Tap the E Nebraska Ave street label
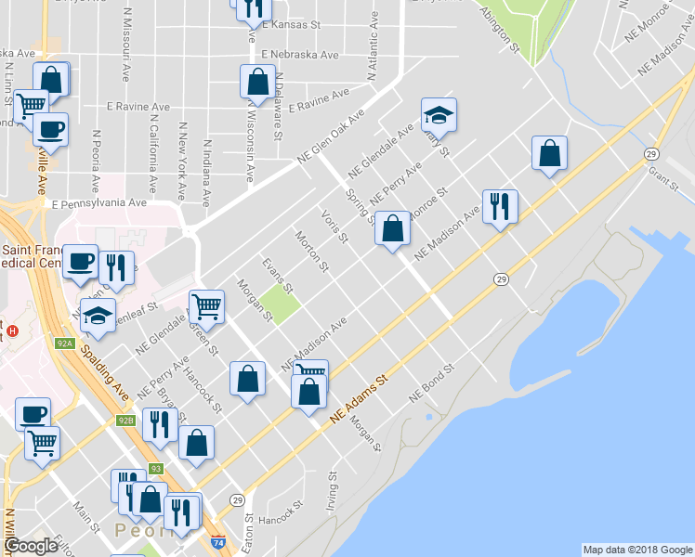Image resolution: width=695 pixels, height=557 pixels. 300,55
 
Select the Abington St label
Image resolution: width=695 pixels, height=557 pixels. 499,28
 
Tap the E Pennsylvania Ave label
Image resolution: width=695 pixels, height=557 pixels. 99,202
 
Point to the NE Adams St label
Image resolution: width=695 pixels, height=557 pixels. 358,402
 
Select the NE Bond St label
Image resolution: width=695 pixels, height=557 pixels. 433,382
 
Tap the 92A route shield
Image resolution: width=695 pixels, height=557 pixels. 64,343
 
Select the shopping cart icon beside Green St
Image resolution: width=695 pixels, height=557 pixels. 206,304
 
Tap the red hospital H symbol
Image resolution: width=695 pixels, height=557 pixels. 12,330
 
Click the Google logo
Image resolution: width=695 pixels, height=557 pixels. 30,546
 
